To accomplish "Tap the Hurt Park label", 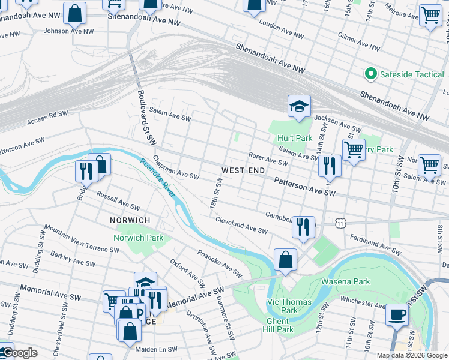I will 294,138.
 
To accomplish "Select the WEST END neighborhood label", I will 243,170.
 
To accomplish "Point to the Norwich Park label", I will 139,238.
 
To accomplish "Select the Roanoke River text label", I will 158,177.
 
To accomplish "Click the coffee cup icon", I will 396,314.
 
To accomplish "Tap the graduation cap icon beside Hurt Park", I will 299,106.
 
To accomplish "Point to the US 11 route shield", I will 340,223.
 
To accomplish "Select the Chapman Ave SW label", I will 175,169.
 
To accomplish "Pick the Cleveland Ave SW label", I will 241,226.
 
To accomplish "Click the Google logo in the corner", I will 19,353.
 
